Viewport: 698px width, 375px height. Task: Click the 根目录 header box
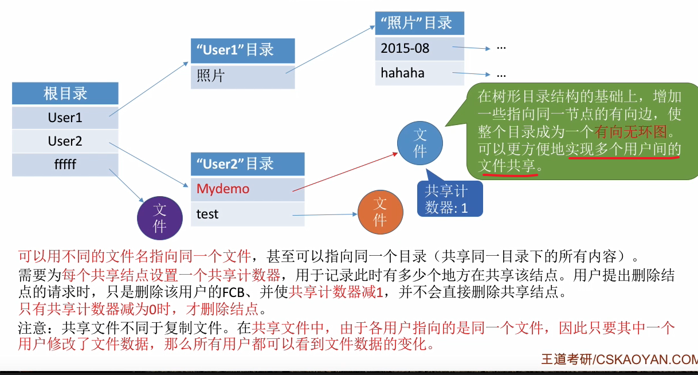pos(65,93)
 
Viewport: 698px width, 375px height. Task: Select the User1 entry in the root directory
pos(65,118)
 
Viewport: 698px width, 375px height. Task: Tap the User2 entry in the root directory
pos(65,141)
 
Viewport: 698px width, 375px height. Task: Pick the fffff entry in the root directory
pos(65,165)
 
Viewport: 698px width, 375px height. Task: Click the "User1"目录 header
pos(242,50)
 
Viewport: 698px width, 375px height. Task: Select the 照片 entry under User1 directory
pos(242,76)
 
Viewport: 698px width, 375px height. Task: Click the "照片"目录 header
pos(419,23)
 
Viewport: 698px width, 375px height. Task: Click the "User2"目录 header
pos(247,164)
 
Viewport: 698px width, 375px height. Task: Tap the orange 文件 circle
pos(380,211)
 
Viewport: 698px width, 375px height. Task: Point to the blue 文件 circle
pos(420,143)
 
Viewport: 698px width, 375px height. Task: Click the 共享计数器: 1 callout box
pos(449,200)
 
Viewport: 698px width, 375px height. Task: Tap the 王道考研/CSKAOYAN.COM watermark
pos(619,360)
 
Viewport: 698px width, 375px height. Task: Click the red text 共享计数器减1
pos(336,292)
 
